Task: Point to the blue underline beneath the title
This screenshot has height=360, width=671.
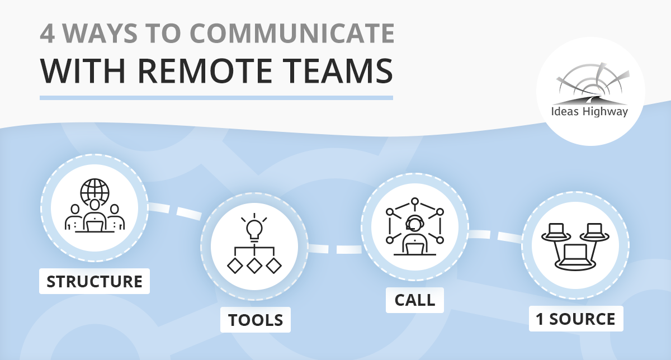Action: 216,98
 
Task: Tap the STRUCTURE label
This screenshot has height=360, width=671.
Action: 94,281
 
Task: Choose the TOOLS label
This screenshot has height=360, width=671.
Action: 255,320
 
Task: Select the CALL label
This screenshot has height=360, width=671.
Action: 414,300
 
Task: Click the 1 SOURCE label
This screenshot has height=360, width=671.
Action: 575,319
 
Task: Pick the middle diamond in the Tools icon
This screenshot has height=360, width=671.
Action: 254,265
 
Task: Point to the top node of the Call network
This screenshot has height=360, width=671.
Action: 414,201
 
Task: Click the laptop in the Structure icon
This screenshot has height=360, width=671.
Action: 95,225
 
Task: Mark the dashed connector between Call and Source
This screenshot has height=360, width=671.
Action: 495,235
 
